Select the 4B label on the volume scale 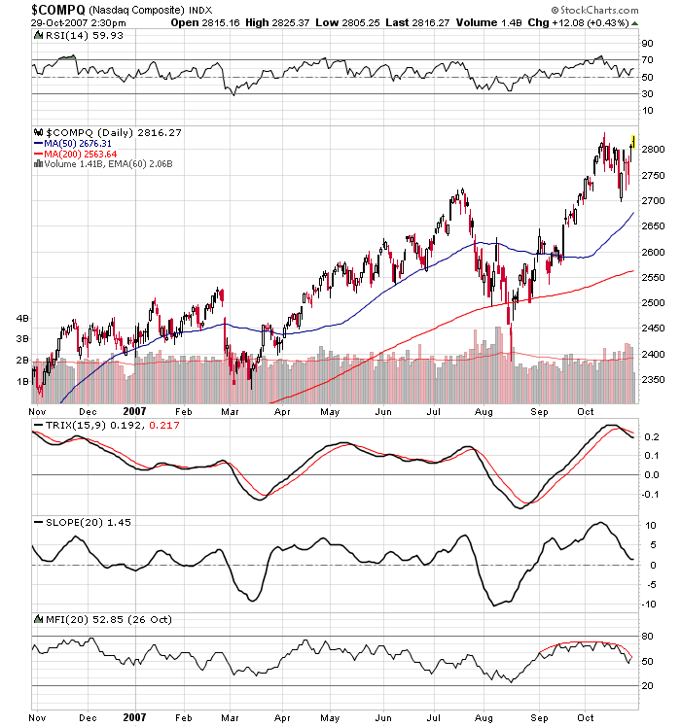point(21,318)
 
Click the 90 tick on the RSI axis point(646,44)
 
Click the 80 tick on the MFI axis point(646,638)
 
